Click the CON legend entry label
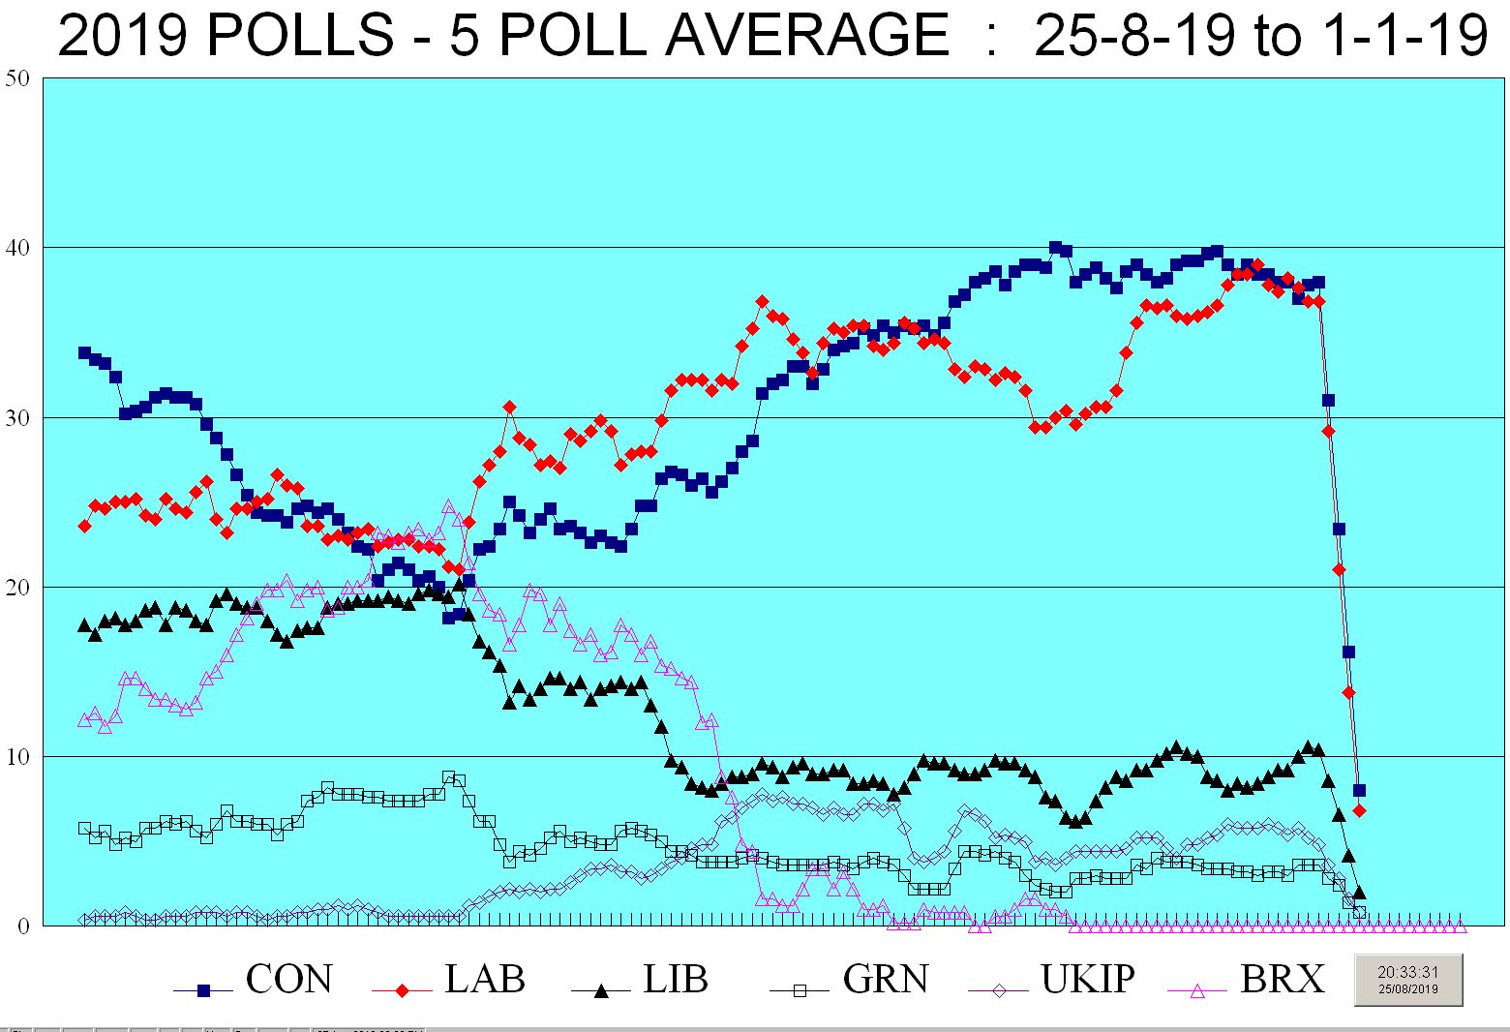point(288,980)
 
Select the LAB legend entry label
point(485,980)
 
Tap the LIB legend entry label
point(676,980)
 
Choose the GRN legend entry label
point(886,980)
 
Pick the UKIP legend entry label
point(1087,980)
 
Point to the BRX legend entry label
point(1282,980)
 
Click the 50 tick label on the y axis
point(17,78)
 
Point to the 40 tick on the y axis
point(17,248)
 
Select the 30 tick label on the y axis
point(17,417)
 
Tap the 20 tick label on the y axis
point(17,587)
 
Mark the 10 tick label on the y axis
point(17,756)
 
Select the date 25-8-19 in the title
point(1134,35)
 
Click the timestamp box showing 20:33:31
point(1407,980)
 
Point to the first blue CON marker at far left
point(84,353)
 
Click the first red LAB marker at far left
point(84,526)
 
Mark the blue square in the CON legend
point(203,990)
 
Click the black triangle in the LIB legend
point(600,990)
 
